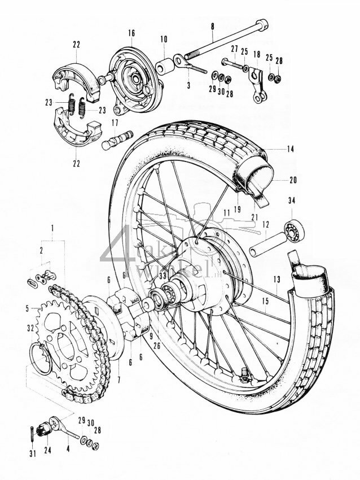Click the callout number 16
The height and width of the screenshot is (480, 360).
131,33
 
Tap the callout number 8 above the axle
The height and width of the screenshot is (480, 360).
212,27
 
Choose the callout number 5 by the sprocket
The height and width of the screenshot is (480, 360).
27,308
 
